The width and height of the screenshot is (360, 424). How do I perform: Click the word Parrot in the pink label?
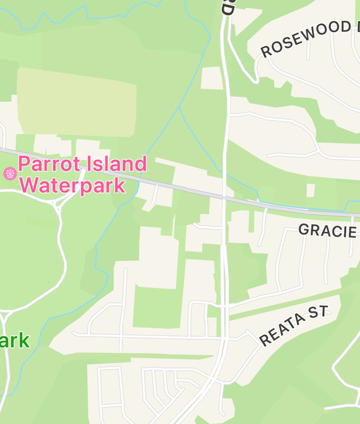pos(51,165)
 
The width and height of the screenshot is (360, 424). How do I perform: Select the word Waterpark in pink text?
pos(72,186)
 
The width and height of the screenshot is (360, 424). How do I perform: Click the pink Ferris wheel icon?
pos(9,173)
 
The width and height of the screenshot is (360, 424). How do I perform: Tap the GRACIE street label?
pos(327,231)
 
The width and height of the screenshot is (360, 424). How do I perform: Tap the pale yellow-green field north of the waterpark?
pos(76,101)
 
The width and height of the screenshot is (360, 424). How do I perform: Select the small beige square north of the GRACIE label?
pos(310,190)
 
